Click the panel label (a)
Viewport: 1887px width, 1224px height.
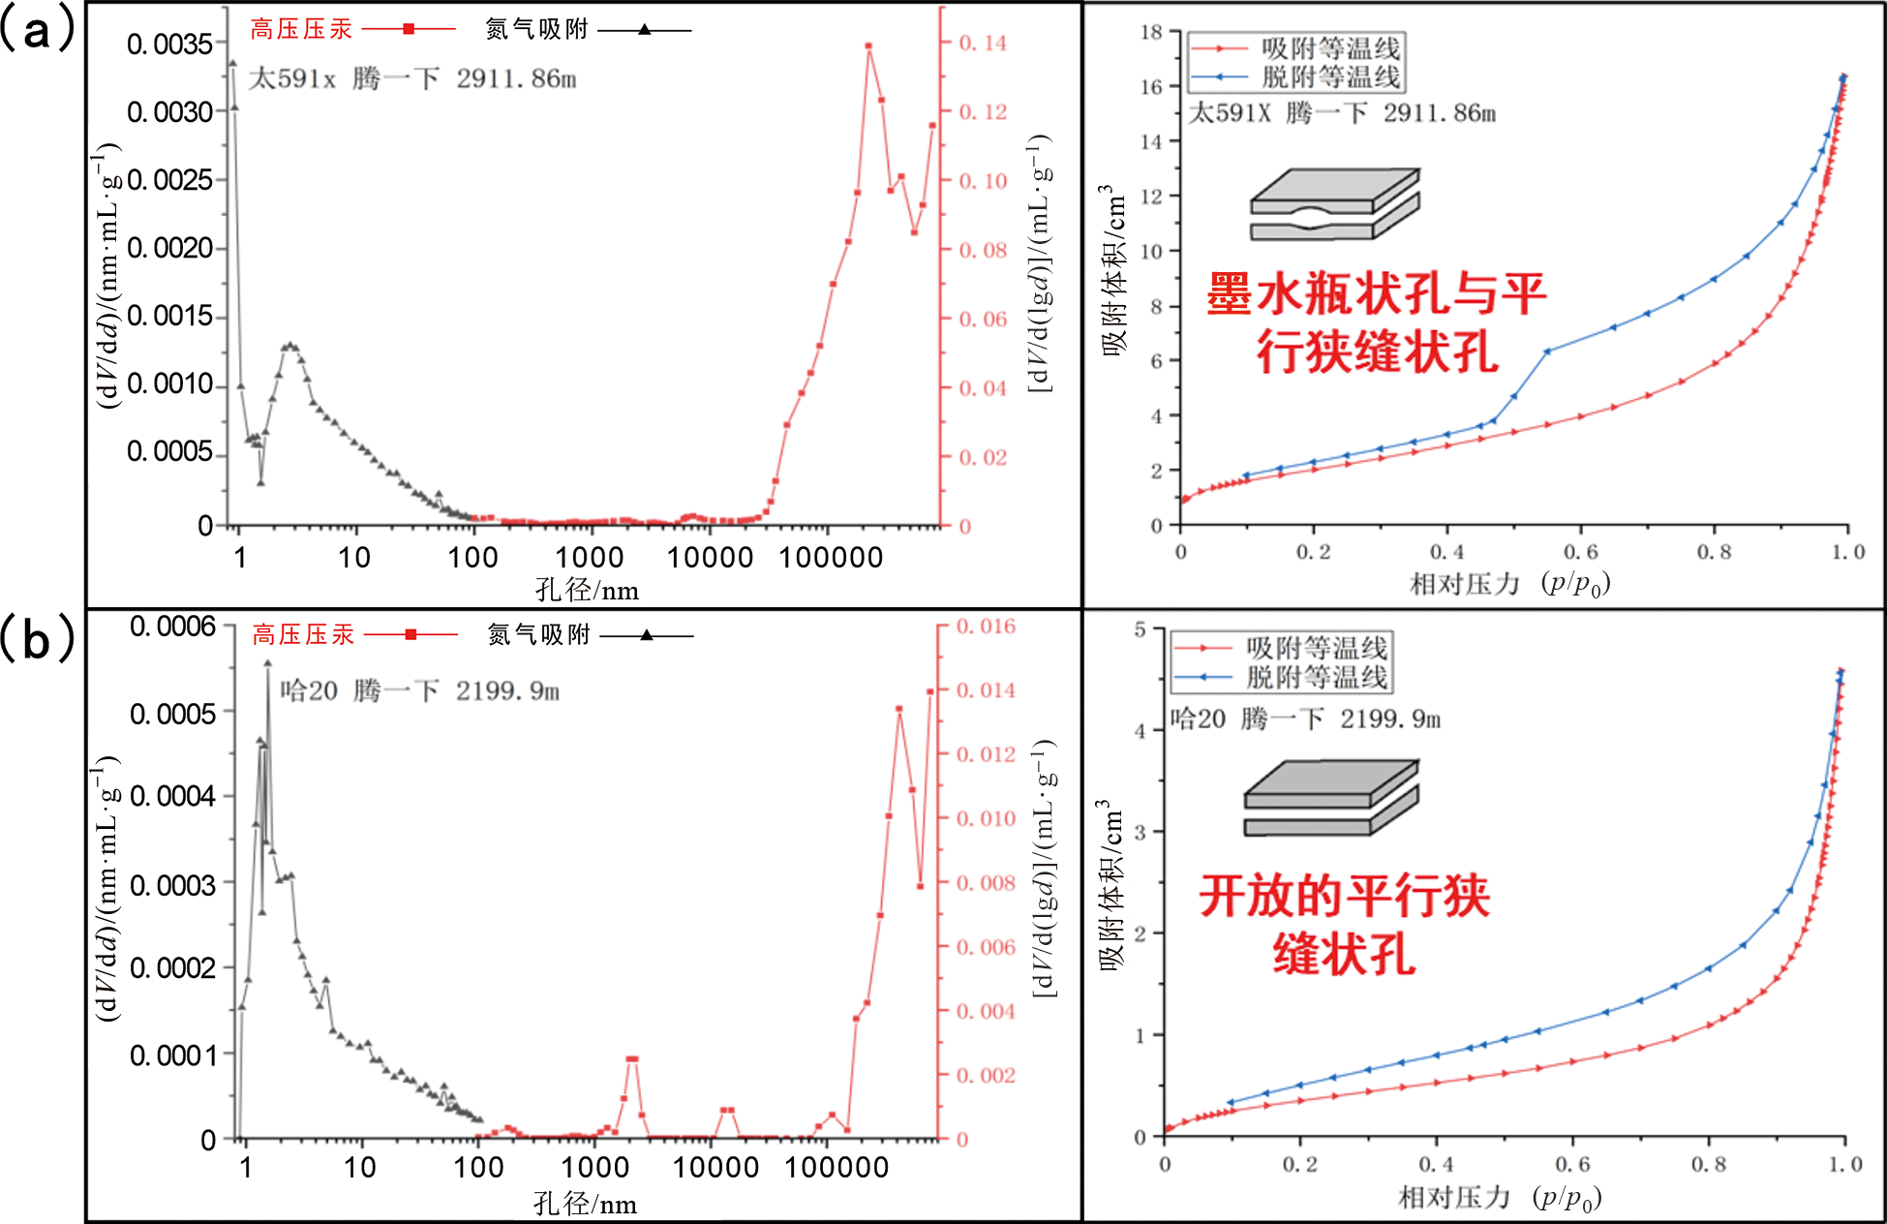pos(37,31)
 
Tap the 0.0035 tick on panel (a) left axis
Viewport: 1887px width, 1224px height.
pos(169,45)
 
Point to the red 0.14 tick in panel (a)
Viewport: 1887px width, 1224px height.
pos(983,44)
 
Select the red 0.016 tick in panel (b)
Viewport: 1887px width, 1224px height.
pos(986,627)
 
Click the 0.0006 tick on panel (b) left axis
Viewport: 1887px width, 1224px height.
pos(172,627)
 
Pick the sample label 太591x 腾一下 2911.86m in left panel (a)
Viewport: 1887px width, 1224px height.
pos(412,78)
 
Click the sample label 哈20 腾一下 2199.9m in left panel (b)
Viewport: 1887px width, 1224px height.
pos(419,690)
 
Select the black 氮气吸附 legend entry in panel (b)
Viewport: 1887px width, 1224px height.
pos(590,635)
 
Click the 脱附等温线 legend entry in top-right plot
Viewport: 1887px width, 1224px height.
pos(1295,76)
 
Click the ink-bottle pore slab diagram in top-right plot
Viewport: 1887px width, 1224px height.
pos(1334,204)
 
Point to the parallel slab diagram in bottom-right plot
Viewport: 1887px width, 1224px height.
pos(1330,798)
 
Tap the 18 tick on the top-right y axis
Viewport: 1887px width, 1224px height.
pos(1150,32)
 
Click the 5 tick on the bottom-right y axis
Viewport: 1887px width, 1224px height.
pos(1140,629)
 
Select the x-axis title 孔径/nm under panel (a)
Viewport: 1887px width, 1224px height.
pos(587,590)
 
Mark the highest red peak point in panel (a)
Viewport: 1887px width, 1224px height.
pos(868,46)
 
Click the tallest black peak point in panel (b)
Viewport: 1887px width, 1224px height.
pos(267,663)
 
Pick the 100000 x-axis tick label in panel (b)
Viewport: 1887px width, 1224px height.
pos(836,1167)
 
